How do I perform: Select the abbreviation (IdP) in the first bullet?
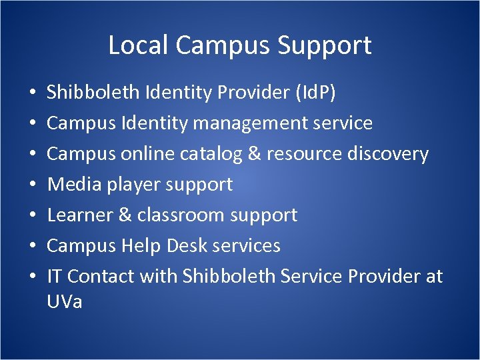315,93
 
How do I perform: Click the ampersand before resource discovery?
253,154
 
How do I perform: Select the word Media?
70,184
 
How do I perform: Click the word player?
127,185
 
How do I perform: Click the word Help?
141,245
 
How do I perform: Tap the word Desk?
187,245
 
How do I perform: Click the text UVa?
65,301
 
